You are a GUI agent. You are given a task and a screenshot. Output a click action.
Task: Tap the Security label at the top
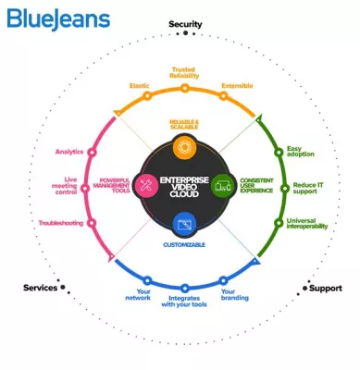pyautogui.click(x=185, y=24)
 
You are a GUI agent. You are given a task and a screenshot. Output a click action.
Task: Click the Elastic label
pyautogui.click(x=139, y=86)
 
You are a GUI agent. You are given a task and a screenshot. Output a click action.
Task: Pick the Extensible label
pyautogui.click(x=236, y=86)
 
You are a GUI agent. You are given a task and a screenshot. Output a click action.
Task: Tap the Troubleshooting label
pyautogui.click(x=60, y=223)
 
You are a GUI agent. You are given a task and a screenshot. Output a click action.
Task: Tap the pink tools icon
pyautogui.click(x=145, y=185)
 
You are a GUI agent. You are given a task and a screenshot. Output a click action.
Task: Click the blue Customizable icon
pyautogui.click(x=184, y=223)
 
